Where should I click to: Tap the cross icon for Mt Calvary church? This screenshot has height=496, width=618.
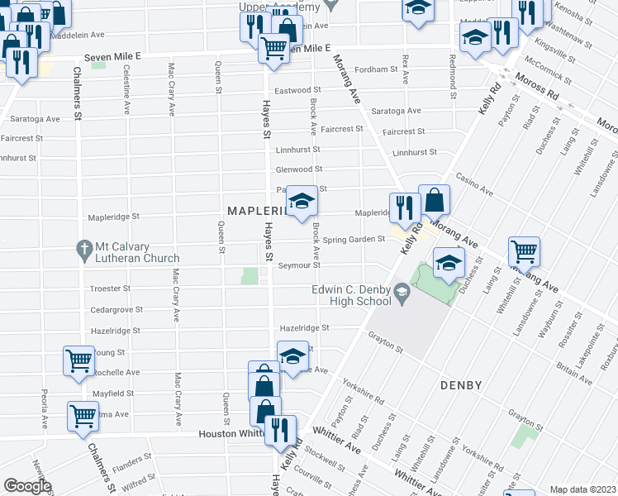pyautogui.click(x=83, y=248)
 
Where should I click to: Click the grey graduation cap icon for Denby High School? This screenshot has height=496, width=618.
pyautogui.click(x=402, y=290)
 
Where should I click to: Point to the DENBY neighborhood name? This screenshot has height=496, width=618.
pyautogui.click(x=460, y=386)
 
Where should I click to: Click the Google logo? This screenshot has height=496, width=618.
pyautogui.click(x=27, y=486)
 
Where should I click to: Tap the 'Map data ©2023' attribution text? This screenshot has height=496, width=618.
pyautogui.click(x=583, y=489)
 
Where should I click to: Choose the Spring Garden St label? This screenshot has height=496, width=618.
pyautogui.click(x=354, y=240)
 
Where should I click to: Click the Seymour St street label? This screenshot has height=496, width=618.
pyautogui.click(x=298, y=265)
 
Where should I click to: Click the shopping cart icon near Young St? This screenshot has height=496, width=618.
pyautogui.click(x=78, y=360)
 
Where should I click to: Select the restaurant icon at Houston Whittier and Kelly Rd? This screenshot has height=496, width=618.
pyautogui.click(x=280, y=429)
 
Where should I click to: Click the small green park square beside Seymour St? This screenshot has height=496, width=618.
pyautogui.click(x=250, y=275)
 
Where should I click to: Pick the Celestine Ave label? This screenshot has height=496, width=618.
pyautogui.click(x=126, y=92)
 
